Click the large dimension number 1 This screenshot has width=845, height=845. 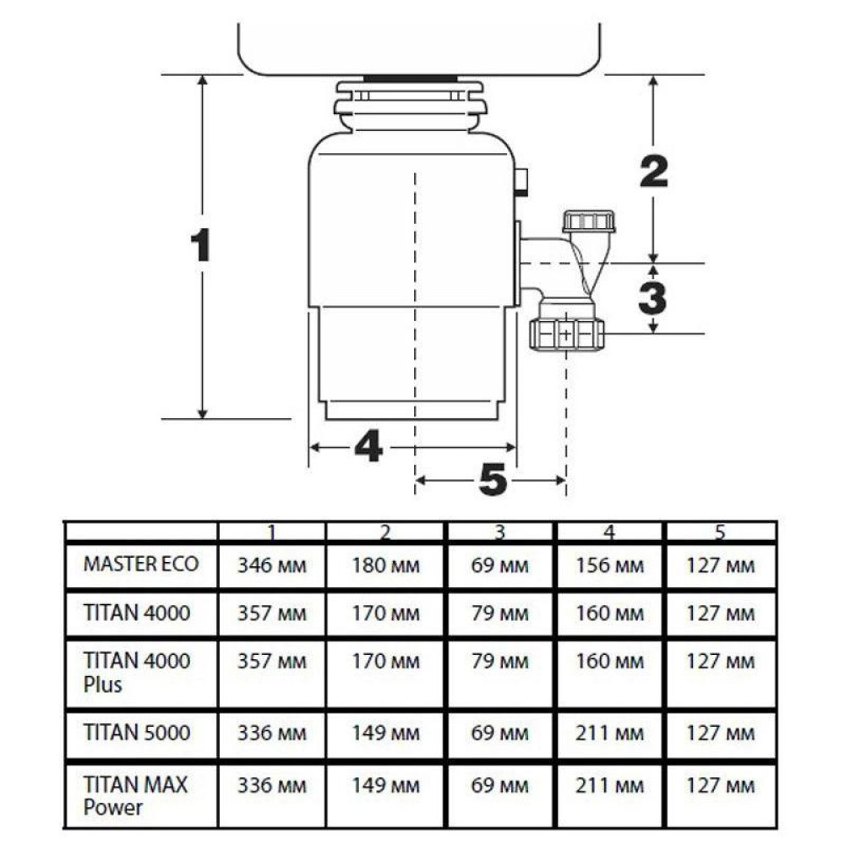coord(200,245)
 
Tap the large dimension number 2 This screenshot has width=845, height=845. coord(654,172)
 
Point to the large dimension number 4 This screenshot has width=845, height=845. coord(368,445)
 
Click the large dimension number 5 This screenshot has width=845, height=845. coord(493,479)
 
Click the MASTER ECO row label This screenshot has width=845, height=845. coord(141,564)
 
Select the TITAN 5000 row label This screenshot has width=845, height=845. coord(137,733)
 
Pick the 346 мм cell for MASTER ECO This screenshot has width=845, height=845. coord(272,565)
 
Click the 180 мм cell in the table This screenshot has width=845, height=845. coord(386,565)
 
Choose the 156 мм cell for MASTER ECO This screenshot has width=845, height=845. coord(609,565)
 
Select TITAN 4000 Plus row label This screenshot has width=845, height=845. coord(137,672)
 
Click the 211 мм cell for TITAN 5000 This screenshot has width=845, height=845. coord(609,733)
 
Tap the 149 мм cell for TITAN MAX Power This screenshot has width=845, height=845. coord(386,785)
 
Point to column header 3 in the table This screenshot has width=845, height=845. coord(499,532)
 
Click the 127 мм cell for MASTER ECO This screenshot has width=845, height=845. coord(721,565)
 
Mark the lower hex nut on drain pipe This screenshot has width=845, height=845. coord(566,335)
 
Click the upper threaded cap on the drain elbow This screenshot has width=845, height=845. coord(589,221)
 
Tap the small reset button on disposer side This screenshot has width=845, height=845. coord(521,180)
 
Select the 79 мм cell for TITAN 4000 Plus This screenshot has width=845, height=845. coord(500,662)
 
